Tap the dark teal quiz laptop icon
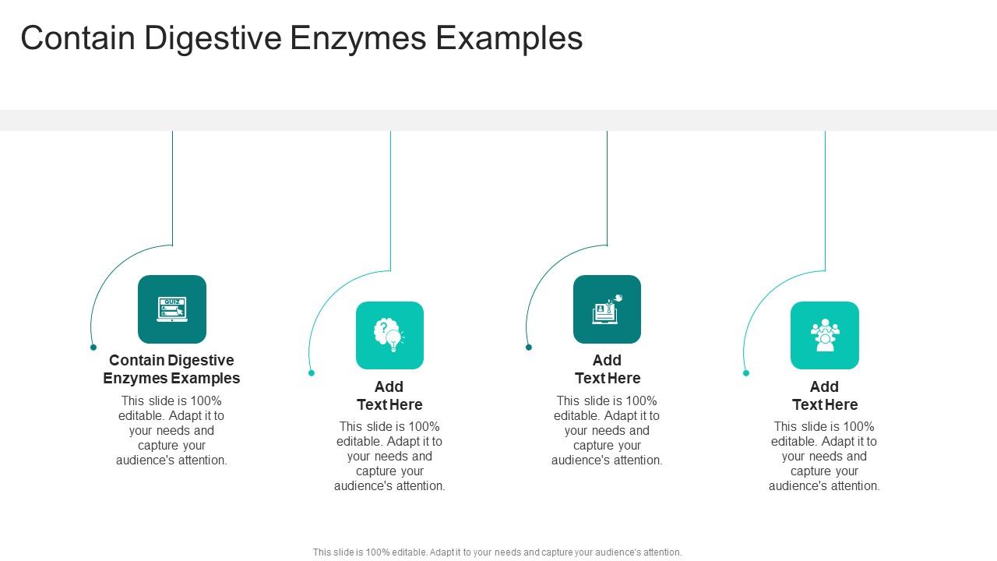(172, 309)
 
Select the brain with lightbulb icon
(389, 335)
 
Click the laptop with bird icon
(607, 309)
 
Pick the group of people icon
(824, 335)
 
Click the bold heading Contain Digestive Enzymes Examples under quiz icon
(171, 369)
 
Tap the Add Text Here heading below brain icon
(389, 396)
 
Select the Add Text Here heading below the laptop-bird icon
(607, 369)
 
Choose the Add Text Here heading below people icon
(824, 396)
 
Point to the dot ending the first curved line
(93, 348)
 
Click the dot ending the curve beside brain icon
(312, 373)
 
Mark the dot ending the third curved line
(528, 348)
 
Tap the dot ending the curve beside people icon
(745, 373)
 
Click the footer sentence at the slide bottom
(497, 552)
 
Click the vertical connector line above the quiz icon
(172, 187)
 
